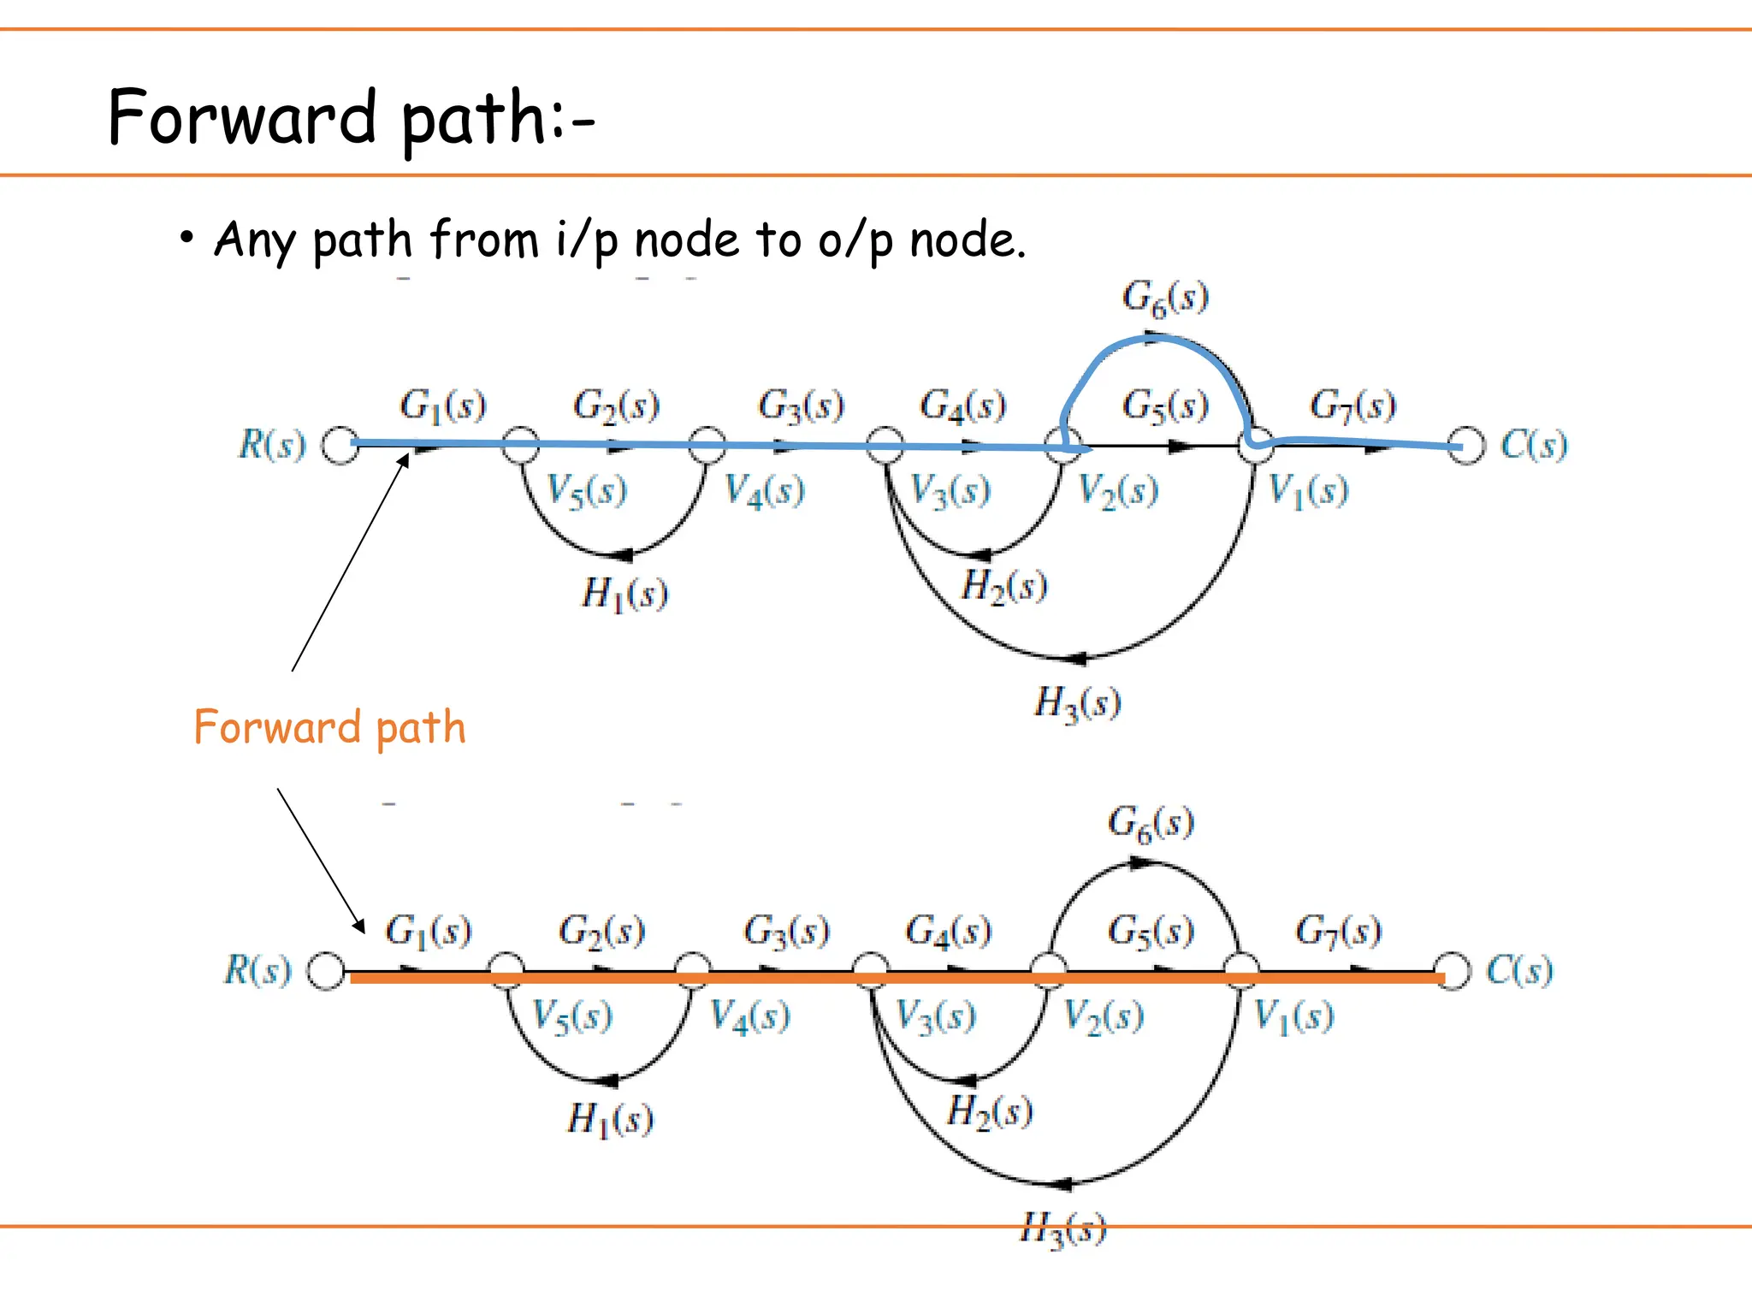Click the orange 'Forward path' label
click(329, 728)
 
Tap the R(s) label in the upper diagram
click(272, 445)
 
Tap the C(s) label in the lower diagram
click(1519, 971)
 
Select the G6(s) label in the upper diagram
click(1165, 298)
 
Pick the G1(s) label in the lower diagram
click(428, 931)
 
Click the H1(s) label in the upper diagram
click(624, 594)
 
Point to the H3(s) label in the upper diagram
click(1077, 703)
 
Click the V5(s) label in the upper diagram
click(587, 491)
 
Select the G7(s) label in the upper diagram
click(1352, 405)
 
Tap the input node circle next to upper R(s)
click(340, 446)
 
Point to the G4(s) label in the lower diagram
click(948, 931)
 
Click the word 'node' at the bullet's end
click(966, 240)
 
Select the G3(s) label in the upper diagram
click(801, 405)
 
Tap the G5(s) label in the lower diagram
click(1151, 931)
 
